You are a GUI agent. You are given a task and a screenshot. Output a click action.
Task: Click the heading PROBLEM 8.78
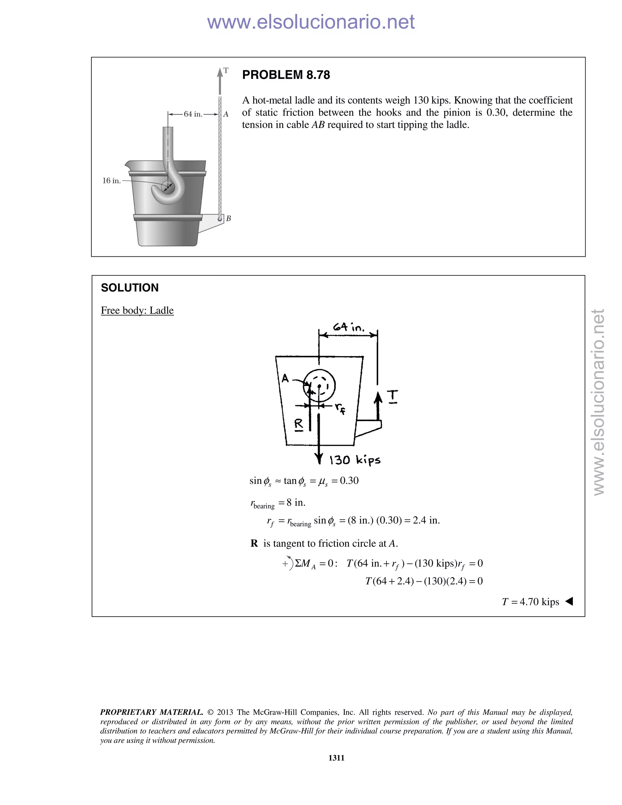click(286, 75)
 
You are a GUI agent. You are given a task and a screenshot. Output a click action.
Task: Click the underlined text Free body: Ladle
click(137, 310)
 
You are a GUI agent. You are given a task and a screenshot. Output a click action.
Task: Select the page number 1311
click(336, 758)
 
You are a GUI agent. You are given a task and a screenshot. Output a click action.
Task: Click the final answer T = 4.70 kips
click(530, 602)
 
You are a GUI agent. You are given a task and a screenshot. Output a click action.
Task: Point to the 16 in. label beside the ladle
click(111, 181)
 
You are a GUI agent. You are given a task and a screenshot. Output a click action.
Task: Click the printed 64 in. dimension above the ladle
click(193, 114)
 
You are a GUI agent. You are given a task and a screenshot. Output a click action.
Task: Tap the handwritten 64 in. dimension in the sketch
click(348, 327)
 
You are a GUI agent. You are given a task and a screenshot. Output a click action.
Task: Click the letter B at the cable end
click(228, 219)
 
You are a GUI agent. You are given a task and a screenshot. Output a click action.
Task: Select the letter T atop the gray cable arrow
click(226, 70)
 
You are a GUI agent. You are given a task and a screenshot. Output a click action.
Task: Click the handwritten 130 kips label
click(355, 460)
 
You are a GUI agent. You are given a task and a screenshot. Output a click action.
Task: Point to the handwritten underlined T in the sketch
click(393, 396)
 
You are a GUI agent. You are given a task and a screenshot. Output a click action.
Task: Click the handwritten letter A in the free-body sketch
click(285, 378)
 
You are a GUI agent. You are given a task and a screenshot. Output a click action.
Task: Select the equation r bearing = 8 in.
click(278, 503)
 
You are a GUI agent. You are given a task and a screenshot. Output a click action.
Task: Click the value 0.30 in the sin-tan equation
click(349, 481)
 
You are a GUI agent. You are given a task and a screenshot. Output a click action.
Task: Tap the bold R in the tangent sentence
click(254, 544)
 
